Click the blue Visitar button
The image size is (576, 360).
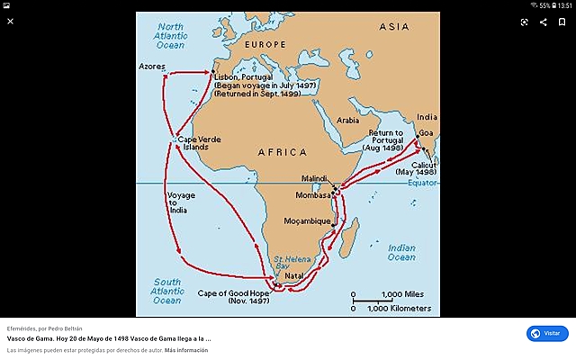[x=547, y=333]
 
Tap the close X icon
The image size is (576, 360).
[x=11, y=22]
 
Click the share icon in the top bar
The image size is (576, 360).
[x=543, y=22]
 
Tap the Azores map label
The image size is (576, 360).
[x=153, y=67]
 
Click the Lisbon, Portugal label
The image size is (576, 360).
[x=246, y=77]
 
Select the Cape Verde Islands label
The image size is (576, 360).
[x=199, y=143]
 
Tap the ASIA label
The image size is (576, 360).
[x=394, y=27]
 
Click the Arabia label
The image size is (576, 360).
[x=347, y=119]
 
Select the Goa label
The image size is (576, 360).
[x=426, y=132]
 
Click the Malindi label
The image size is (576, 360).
[x=315, y=179]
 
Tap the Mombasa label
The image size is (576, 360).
[x=312, y=194]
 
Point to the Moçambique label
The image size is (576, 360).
[x=307, y=219]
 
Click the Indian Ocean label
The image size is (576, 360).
[x=401, y=252]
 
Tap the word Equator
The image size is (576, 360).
[x=423, y=182]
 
